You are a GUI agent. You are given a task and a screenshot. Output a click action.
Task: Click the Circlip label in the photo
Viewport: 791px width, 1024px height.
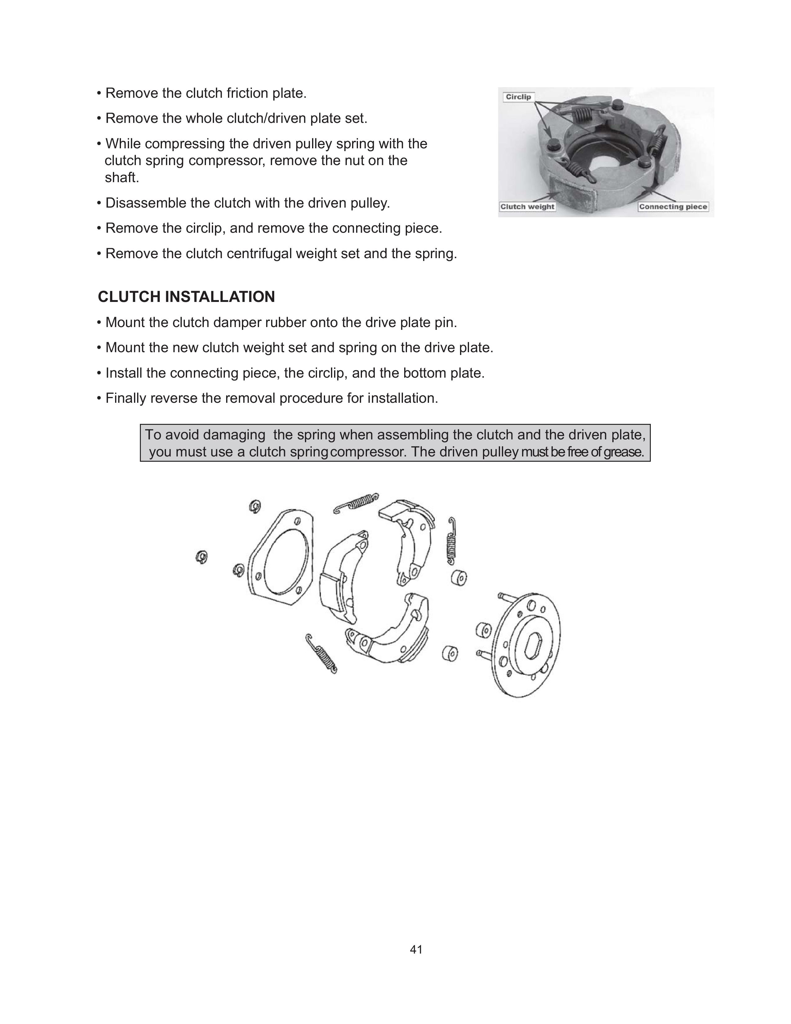518,97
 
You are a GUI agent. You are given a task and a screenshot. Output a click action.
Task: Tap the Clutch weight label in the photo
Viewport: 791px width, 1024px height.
527,207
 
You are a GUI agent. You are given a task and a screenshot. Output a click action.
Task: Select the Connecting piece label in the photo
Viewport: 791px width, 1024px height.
673,207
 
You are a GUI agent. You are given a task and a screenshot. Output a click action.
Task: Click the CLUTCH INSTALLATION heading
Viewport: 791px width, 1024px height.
186,297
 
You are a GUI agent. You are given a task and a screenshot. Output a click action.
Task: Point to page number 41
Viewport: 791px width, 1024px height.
416,950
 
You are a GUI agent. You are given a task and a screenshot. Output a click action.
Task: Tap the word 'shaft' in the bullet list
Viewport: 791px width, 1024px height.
121,178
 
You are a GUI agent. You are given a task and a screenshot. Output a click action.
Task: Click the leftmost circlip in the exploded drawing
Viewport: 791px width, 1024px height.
202,557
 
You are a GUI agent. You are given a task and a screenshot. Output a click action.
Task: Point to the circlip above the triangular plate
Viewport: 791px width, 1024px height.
255,506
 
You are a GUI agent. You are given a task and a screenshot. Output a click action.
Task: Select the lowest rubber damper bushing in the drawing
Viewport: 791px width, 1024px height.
450,653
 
